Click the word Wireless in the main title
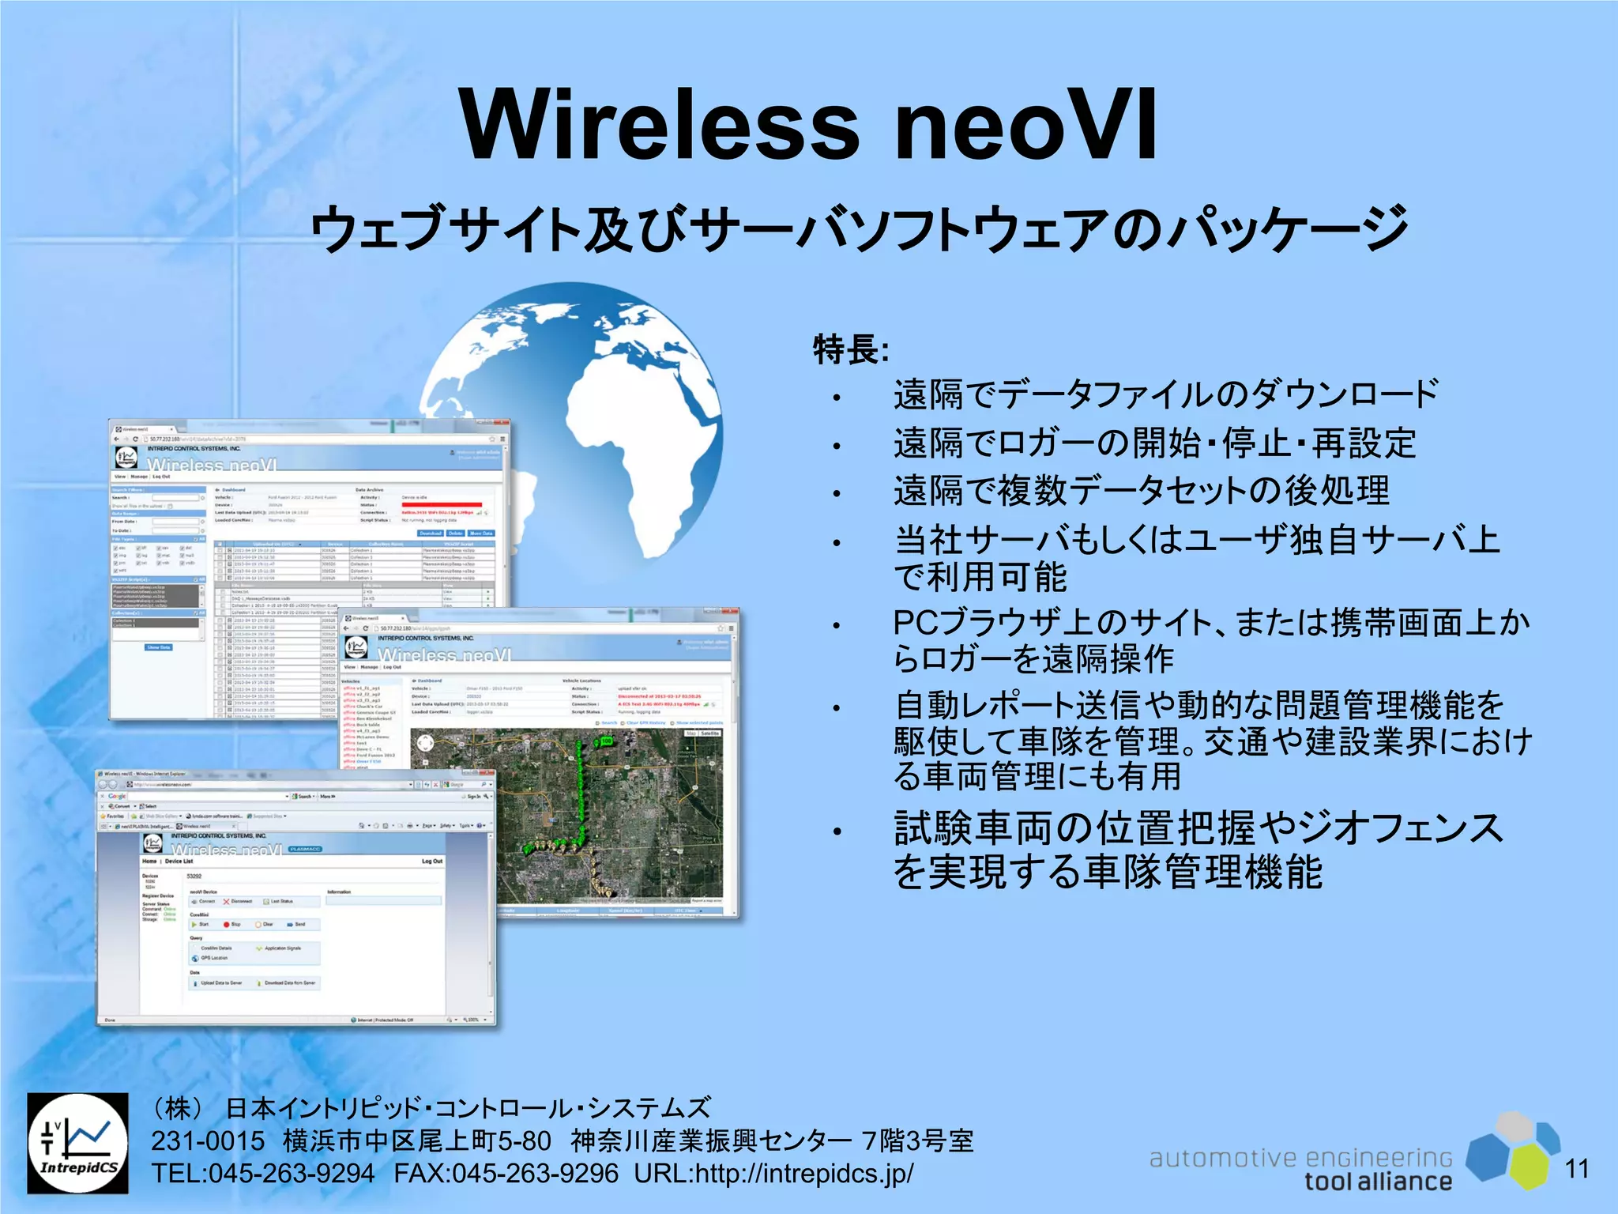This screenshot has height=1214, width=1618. [660, 125]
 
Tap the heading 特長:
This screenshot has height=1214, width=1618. [852, 349]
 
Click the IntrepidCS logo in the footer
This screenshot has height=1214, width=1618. [77, 1143]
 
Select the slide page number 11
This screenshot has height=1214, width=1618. [1576, 1168]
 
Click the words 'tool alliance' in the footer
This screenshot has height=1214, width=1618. [1378, 1182]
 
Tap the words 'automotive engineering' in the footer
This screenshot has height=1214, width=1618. [1300, 1158]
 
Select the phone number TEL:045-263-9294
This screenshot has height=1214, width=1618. [262, 1174]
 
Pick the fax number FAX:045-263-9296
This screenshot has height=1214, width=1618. [506, 1174]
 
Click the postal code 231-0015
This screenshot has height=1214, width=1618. [208, 1141]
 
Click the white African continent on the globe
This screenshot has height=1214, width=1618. [640, 427]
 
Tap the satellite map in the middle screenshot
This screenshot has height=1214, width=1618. [566, 814]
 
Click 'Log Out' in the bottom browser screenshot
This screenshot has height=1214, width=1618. [431, 861]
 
